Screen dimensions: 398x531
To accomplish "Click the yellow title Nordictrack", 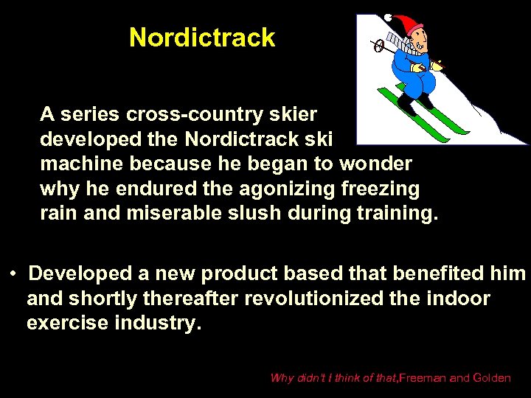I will (x=201, y=38).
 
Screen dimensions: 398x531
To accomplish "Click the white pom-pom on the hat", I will (x=388, y=16).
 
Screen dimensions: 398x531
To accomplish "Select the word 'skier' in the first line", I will (x=296, y=114).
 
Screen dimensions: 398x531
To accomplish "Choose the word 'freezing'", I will (x=381, y=189).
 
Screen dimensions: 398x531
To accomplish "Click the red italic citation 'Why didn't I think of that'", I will (x=333, y=378).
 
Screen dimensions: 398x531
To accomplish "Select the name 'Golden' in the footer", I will (x=491, y=378).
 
